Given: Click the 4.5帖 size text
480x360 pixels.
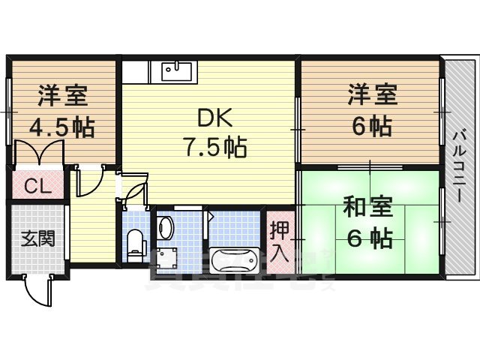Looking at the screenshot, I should (61, 127).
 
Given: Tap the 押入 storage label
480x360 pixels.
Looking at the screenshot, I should (279, 241).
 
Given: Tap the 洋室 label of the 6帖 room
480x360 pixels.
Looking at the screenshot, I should (371, 97).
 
